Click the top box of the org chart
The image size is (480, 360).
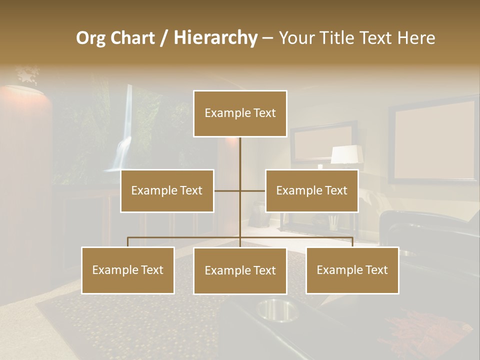[240, 113]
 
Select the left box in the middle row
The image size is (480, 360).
[167, 190]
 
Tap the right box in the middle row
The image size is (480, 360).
[311, 190]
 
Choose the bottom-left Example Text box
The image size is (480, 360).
[128, 270]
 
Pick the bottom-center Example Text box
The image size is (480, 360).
[240, 270]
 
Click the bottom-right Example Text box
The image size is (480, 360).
[352, 270]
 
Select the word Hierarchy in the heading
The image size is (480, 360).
[215, 38]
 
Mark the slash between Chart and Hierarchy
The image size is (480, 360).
[164, 38]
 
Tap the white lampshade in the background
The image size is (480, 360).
[346, 154]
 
